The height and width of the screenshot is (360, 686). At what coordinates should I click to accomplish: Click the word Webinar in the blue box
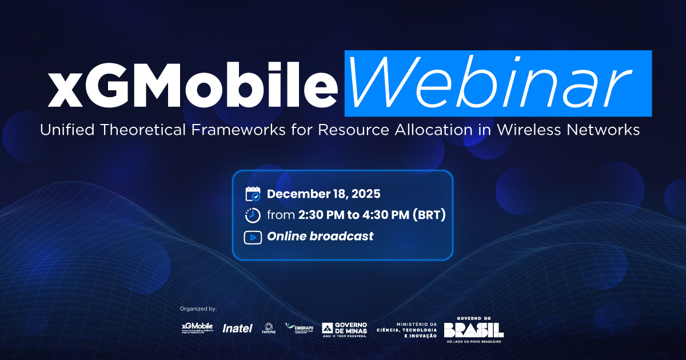[497, 83]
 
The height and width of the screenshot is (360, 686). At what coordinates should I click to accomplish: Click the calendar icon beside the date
[253, 194]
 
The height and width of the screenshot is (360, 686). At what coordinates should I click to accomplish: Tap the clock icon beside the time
[253, 215]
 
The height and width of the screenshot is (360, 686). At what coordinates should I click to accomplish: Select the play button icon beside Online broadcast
[253, 237]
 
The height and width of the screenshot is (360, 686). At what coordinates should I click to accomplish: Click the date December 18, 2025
[324, 194]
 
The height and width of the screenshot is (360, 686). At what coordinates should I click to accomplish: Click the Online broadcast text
[320, 237]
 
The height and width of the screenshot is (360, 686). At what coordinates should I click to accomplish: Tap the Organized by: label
[198, 309]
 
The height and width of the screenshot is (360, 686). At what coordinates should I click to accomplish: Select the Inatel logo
[237, 328]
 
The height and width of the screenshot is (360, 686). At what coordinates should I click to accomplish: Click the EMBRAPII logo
[300, 328]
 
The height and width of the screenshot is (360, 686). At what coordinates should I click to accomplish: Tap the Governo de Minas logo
[345, 329]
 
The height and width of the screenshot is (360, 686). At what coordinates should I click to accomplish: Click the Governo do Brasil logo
[474, 329]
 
